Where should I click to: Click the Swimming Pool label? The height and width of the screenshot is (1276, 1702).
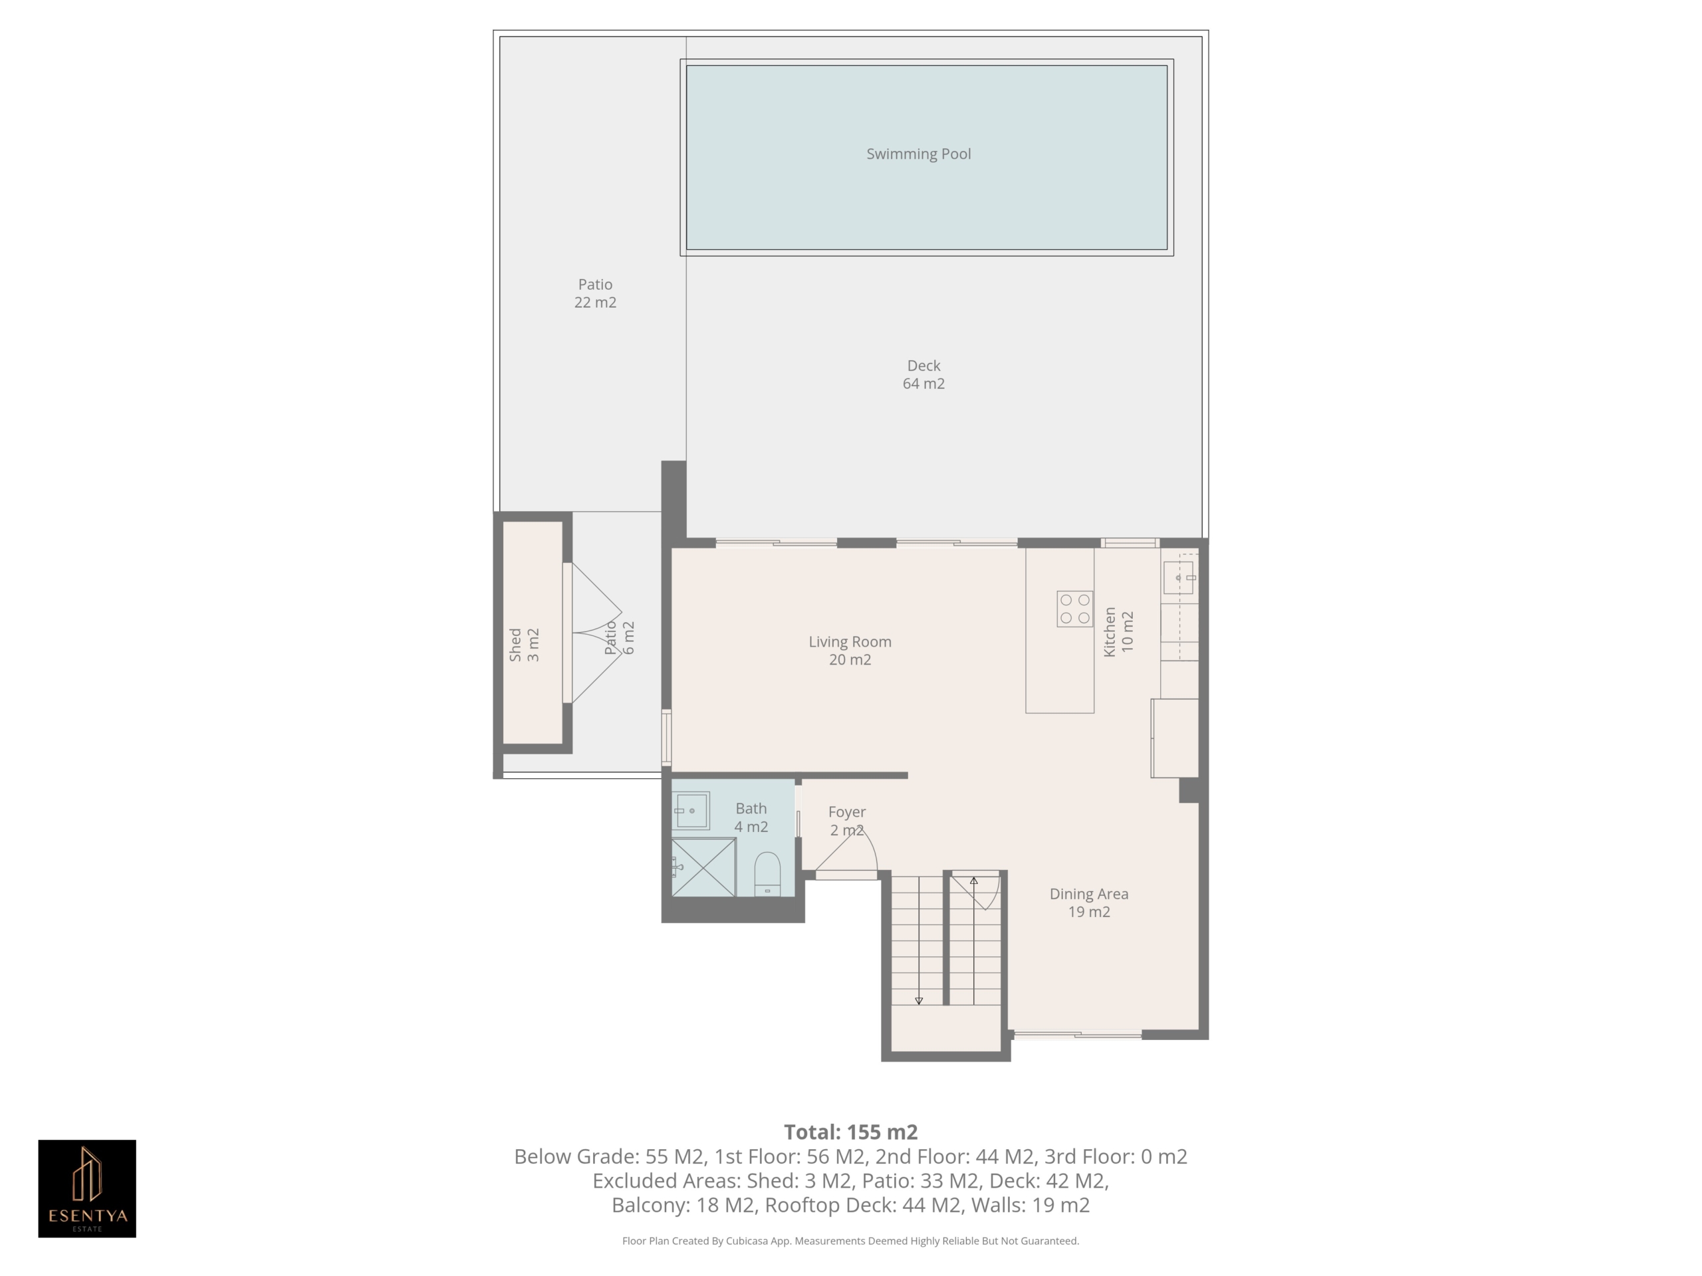click(918, 154)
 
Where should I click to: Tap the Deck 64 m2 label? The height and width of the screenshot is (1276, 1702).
click(923, 375)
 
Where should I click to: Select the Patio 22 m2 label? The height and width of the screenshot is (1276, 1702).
click(595, 293)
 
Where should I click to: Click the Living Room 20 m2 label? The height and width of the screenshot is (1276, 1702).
click(850, 651)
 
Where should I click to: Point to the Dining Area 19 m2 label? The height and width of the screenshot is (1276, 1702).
click(1089, 903)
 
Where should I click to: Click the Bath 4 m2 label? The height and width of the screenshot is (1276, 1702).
click(751, 817)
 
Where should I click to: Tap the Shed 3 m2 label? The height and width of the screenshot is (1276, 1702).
click(524, 645)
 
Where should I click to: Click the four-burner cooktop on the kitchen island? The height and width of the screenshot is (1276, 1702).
click(1074, 608)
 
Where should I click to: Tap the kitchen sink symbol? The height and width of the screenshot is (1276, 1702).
click(1177, 578)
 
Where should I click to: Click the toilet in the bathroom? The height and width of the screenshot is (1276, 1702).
click(767, 874)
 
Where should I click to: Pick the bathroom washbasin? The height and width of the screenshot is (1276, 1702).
click(690, 811)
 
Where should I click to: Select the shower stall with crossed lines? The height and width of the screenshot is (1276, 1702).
click(703, 867)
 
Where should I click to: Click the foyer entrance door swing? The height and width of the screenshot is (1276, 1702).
click(846, 851)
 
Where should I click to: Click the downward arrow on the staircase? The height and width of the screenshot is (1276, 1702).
click(918, 1001)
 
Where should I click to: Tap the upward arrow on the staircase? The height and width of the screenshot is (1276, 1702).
click(973, 881)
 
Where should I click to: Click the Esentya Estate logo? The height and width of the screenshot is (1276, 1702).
click(87, 1188)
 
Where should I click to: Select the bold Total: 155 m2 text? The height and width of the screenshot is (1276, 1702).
click(850, 1132)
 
